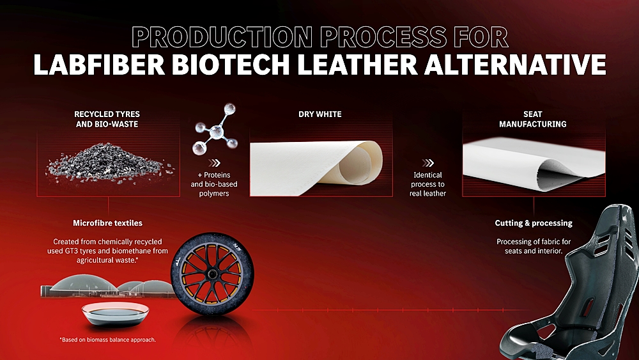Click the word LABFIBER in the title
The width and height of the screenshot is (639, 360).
(x=99, y=64)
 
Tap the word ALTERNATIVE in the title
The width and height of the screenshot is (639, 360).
(x=515, y=64)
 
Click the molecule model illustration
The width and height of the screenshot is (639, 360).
(x=215, y=129)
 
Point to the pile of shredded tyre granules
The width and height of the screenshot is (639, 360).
(x=110, y=164)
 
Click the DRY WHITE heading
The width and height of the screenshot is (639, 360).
(x=320, y=114)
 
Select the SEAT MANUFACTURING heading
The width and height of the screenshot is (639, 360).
(x=533, y=119)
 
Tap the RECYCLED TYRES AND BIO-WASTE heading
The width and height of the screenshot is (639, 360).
(x=107, y=119)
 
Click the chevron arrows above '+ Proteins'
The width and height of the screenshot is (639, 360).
(x=214, y=163)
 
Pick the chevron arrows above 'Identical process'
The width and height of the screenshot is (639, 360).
(x=428, y=163)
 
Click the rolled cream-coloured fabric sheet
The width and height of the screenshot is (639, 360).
(x=316, y=168)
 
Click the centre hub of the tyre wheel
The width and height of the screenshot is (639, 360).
(x=212, y=274)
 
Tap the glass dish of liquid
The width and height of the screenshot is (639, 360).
(x=115, y=313)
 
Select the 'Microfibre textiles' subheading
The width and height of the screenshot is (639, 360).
(x=107, y=223)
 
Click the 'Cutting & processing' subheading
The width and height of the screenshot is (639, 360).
(x=534, y=223)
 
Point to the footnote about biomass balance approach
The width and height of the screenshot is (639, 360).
(x=107, y=340)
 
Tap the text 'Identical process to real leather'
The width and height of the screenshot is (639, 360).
(x=428, y=184)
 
